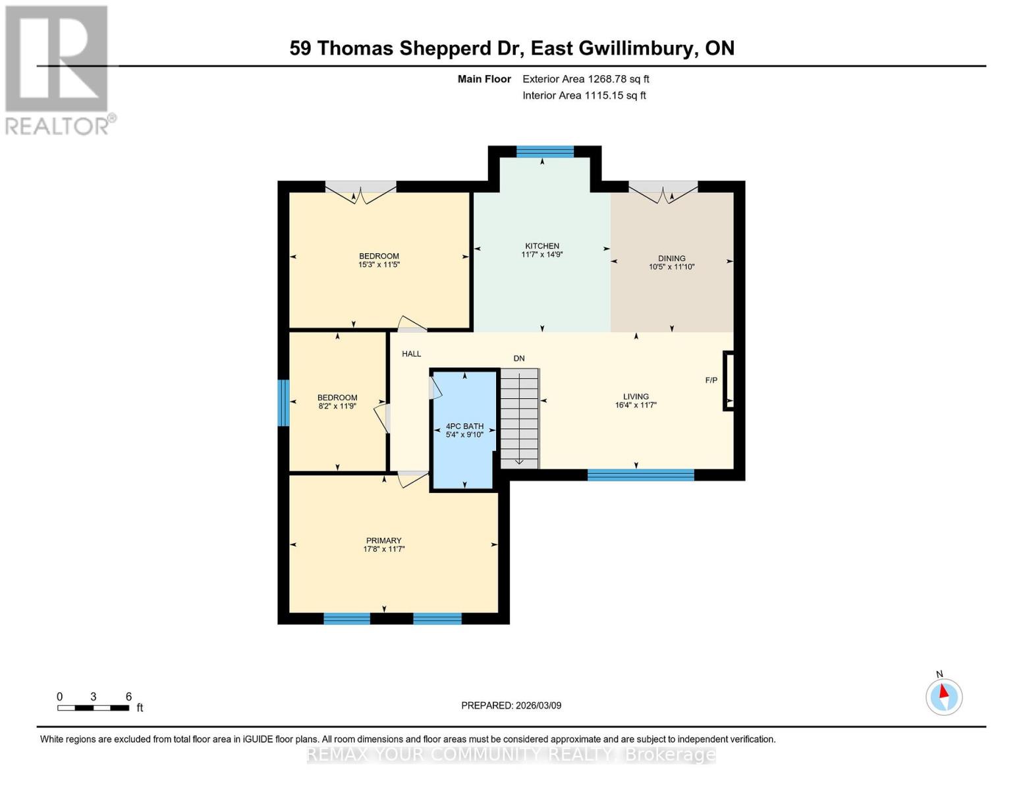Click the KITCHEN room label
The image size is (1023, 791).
click(x=541, y=246)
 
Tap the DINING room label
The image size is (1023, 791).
click(x=671, y=258)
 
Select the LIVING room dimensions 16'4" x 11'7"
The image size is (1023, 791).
click(x=636, y=405)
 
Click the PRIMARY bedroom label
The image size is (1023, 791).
click(x=383, y=541)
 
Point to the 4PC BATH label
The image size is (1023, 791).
click(x=464, y=426)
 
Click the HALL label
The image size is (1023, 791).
click(x=411, y=354)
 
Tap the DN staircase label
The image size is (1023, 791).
click(x=519, y=359)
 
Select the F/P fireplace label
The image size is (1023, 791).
click(x=711, y=380)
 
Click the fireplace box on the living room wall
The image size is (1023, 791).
click(x=729, y=381)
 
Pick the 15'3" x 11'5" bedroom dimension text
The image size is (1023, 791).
click(x=379, y=265)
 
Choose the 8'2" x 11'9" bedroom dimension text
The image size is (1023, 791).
click(x=337, y=407)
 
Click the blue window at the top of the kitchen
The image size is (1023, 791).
click(x=545, y=152)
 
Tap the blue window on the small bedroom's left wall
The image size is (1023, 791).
click(x=283, y=403)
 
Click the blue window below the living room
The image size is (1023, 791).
click(x=640, y=475)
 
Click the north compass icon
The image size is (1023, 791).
click(x=944, y=696)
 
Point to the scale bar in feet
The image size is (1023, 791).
click(x=93, y=708)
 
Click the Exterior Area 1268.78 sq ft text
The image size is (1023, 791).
click(x=586, y=79)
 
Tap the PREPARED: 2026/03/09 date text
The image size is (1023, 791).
click(x=511, y=705)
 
